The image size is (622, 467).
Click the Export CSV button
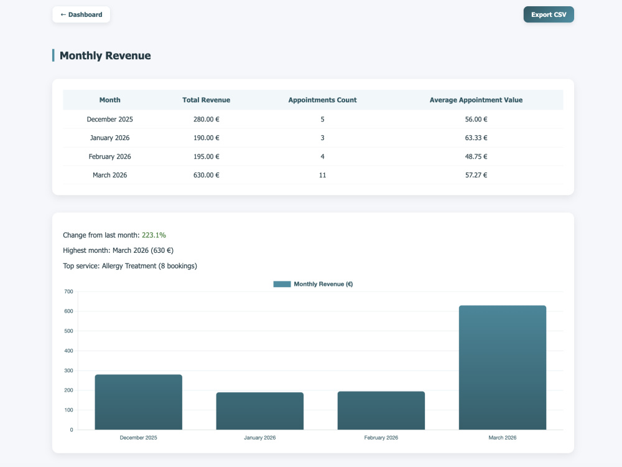(x=548, y=14)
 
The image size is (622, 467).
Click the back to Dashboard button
(x=81, y=15)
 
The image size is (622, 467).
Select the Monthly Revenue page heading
(x=105, y=55)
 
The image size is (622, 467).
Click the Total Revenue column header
(x=207, y=100)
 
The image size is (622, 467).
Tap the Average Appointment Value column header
(x=476, y=100)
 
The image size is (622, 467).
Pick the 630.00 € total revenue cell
(x=207, y=175)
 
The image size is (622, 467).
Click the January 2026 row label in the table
(x=110, y=138)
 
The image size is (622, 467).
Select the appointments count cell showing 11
(x=322, y=175)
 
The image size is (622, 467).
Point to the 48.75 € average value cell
(x=476, y=156)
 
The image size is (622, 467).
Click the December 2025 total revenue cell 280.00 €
(x=207, y=119)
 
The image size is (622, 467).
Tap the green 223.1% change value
(x=154, y=235)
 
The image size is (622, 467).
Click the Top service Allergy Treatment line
(x=130, y=266)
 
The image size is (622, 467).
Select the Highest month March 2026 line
(x=118, y=250)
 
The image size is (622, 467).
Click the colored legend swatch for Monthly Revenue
(x=282, y=284)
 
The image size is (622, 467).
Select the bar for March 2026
(x=503, y=367)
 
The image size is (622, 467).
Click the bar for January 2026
(x=260, y=411)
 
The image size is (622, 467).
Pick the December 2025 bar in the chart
(x=139, y=402)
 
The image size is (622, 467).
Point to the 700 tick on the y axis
(x=68, y=291)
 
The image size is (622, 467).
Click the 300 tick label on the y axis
(x=68, y=370)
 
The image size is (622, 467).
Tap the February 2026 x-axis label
(x=381, y=438)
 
